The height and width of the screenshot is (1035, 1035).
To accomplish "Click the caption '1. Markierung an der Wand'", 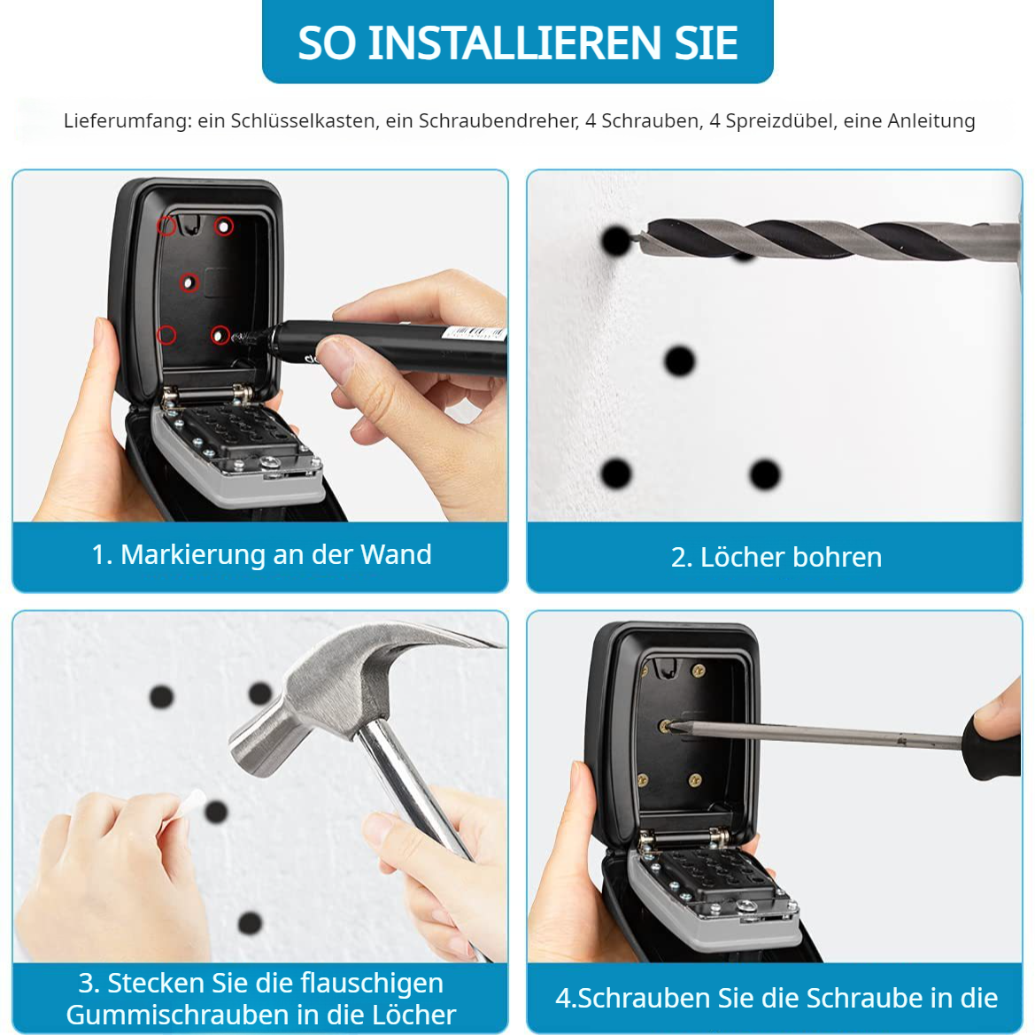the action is click(x=261, y=554).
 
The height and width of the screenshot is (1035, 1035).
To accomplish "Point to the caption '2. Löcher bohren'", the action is click(x=776, y=557).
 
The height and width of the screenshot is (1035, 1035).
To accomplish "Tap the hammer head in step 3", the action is click(x=330, y=699).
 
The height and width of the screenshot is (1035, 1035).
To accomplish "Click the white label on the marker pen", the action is click(x=474, y=332).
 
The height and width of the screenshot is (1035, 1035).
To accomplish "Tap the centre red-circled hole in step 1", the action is click(x=189, y=283).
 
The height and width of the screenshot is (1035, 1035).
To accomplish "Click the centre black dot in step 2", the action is click(x=679, y=361).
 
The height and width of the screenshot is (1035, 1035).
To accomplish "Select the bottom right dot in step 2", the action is click(x=765, y=475).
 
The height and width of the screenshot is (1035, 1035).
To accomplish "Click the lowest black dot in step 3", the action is click(x=251, y=923).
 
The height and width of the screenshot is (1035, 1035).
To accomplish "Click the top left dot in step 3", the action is click(x=162, y=697).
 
